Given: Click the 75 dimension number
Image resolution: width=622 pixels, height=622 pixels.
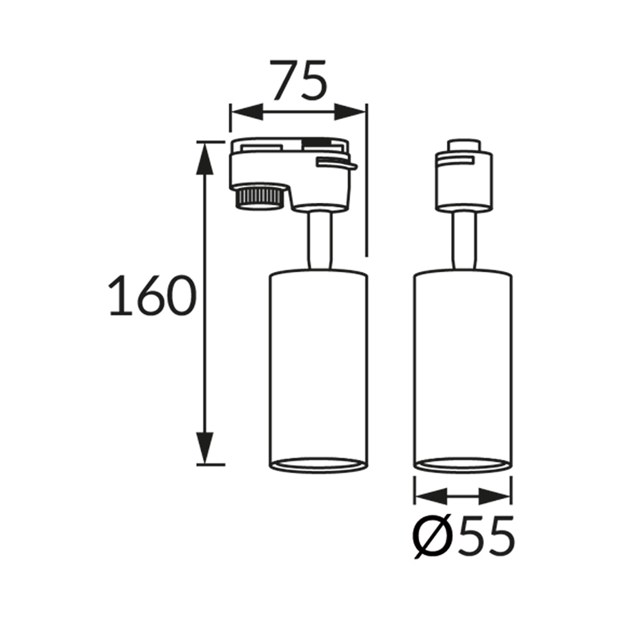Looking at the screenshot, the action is [299, 80].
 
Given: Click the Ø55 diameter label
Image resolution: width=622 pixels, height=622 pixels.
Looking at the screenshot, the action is [464, 536].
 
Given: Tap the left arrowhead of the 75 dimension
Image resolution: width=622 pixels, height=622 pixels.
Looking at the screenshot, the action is [247, 112].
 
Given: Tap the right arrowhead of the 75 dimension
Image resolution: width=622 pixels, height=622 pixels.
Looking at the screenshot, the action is [350, 112].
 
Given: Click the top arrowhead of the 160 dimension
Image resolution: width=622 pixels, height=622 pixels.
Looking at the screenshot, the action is [205, 158].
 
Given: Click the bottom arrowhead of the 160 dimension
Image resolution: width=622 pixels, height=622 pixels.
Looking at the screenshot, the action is [205, 448].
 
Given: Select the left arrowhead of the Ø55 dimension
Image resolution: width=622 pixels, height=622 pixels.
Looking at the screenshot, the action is [431, 496].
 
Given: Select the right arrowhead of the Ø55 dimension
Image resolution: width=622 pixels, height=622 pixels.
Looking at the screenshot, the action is [494, 496].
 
